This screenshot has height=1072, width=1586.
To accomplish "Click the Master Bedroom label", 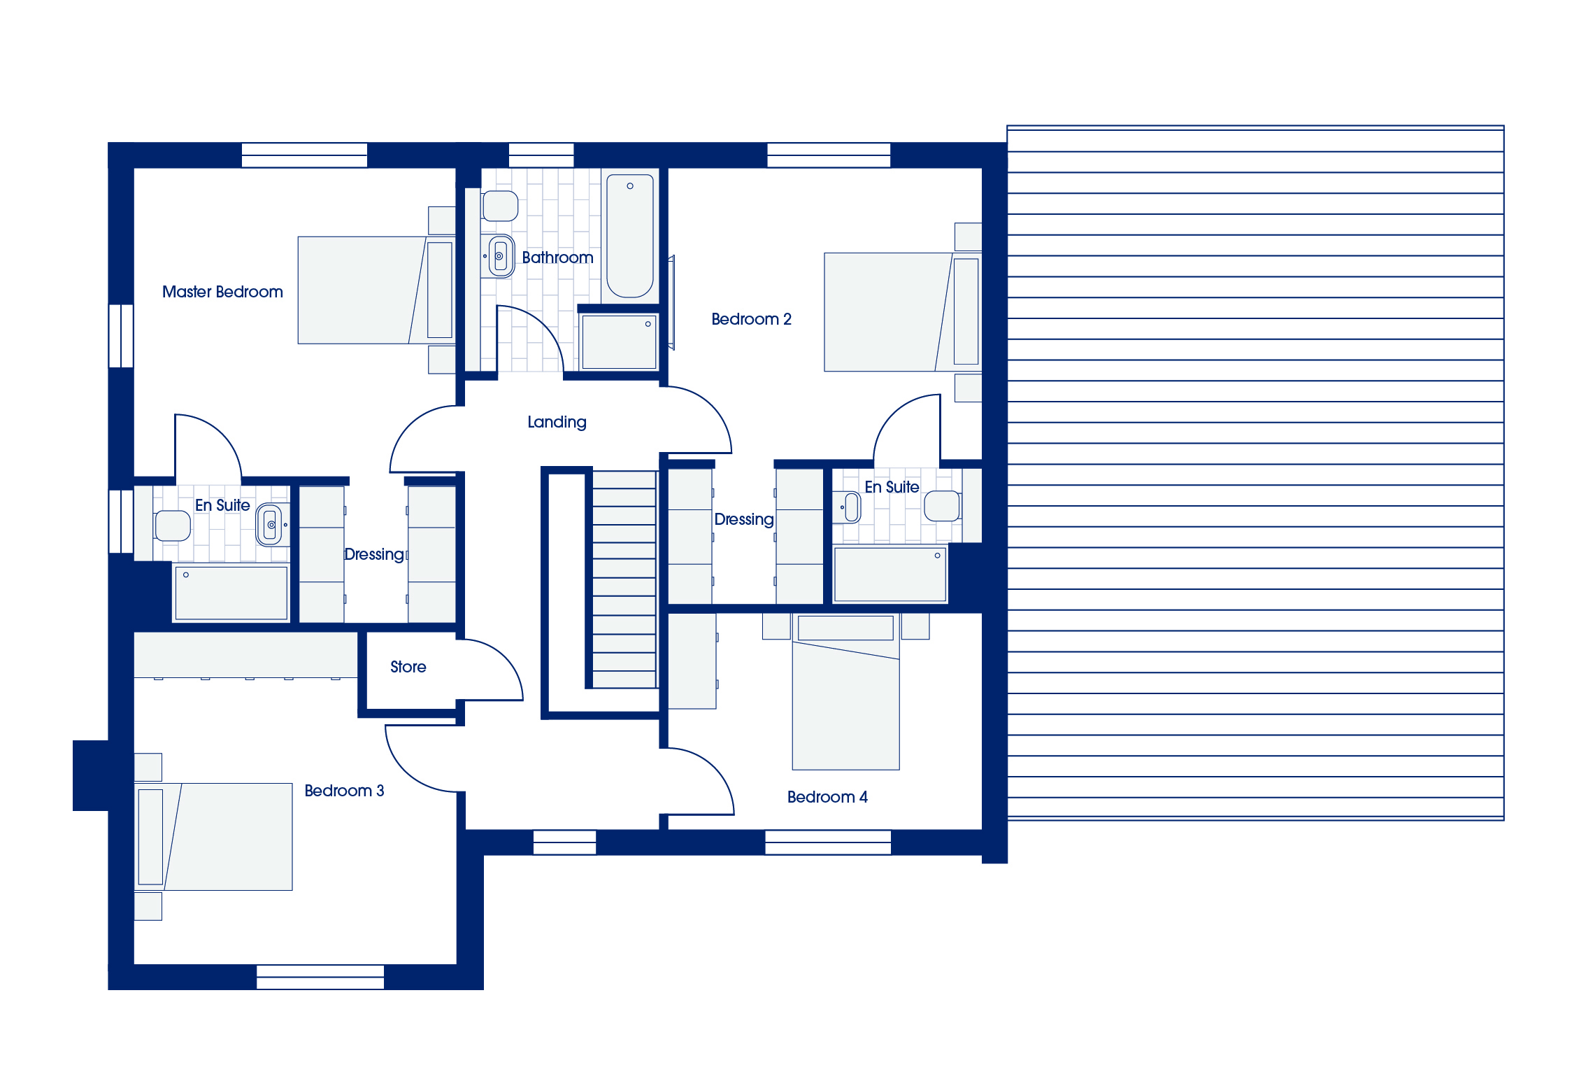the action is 222,292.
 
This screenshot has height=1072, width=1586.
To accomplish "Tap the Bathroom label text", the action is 557,258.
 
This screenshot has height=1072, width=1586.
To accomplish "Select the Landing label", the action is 557,422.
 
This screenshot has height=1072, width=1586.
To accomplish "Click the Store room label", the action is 408,667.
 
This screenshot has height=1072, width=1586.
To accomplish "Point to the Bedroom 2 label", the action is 751,319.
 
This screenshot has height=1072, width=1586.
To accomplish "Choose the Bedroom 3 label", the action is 344,791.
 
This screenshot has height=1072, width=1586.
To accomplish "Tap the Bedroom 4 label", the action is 827,797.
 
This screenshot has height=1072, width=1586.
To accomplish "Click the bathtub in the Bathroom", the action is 630,236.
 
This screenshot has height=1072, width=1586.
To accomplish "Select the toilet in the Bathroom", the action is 500,206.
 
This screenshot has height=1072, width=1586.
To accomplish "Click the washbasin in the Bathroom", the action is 499,256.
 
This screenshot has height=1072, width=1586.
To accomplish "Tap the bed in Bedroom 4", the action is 845,692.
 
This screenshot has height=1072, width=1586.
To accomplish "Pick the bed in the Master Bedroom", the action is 376,290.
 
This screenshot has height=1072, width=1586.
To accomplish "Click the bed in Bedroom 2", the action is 903,312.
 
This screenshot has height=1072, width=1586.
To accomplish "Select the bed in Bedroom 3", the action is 213,837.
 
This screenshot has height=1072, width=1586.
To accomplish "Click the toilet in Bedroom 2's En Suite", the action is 943,506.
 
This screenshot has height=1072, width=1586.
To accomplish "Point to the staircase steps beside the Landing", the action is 624,579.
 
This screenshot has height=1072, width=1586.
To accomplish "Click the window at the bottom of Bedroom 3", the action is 320,977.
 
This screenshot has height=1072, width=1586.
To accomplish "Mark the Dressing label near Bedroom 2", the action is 744,519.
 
